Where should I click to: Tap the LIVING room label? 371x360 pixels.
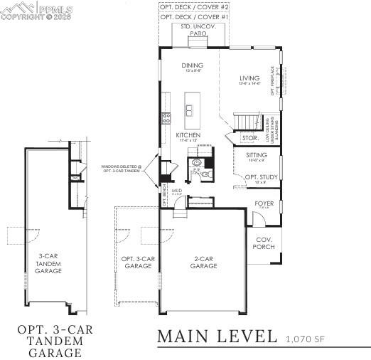(x=249, y=78)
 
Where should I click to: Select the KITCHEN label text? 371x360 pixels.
(x=188, y=134)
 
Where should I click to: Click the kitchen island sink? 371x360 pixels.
(x=190, y=110)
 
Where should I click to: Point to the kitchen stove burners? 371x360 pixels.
(x=166, y=118)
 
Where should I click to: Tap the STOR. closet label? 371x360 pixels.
(x=249, y=138)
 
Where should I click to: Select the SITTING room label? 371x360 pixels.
(x=257, y=154)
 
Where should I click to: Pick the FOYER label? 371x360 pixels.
(x=264, y=203)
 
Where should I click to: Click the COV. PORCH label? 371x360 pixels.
(x=264, y=243)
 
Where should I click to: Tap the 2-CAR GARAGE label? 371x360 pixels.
(x=203, y=262)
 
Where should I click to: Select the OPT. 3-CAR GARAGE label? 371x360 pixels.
(x=138, y=262)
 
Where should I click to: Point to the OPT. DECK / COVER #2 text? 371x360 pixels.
(x=194, y=6)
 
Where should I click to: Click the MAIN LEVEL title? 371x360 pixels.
(x=217, y=336)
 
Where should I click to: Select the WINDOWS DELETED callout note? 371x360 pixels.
(x=121, y=169)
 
